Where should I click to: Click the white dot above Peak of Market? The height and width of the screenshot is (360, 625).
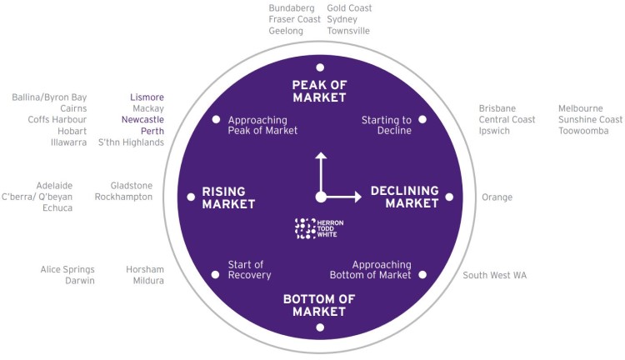[x=320, y=67]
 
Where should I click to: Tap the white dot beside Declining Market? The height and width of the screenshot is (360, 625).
[x=449, y=197]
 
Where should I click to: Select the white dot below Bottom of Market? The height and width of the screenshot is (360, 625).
[x=320, y=327]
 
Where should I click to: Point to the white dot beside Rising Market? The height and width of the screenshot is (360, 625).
[x=191, y=197]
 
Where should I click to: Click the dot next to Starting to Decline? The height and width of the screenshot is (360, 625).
[x=422, y=119]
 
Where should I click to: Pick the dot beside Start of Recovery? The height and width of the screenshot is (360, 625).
[x=215, y=275]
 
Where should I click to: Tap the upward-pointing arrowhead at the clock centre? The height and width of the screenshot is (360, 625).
[x=321, y=156]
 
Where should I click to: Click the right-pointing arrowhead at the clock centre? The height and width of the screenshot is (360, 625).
[x=358, y=197]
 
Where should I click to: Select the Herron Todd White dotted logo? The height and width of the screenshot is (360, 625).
[x=305, y=228]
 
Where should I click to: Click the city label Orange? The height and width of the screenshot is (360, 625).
[x=497, y=197]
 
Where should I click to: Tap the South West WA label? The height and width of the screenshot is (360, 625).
[x=495, y=275]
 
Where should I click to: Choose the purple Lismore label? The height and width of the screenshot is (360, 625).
[x=147, y=97]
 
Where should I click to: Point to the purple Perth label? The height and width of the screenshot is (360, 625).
[x=152, y=131]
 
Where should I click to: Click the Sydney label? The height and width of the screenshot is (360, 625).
[x=342, y=19]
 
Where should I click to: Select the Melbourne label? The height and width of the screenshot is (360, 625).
[x=580, y=108]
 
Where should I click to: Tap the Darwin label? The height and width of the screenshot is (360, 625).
[x=80, y=281]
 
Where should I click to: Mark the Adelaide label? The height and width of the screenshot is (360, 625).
[x=54, y=185]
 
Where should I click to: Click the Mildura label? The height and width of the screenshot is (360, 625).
[x=148, y=281]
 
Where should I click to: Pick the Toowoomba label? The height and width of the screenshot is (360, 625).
[x=583, y=131]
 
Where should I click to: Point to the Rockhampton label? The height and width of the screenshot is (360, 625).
[x=123, y=197]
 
